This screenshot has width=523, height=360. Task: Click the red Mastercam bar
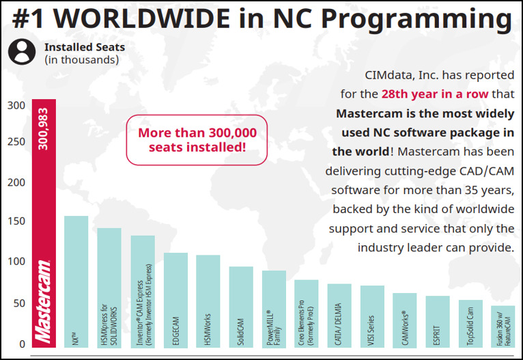coord(44,205)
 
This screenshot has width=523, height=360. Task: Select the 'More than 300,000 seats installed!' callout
coord(197,140)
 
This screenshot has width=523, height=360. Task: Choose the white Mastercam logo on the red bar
coord(44,301)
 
